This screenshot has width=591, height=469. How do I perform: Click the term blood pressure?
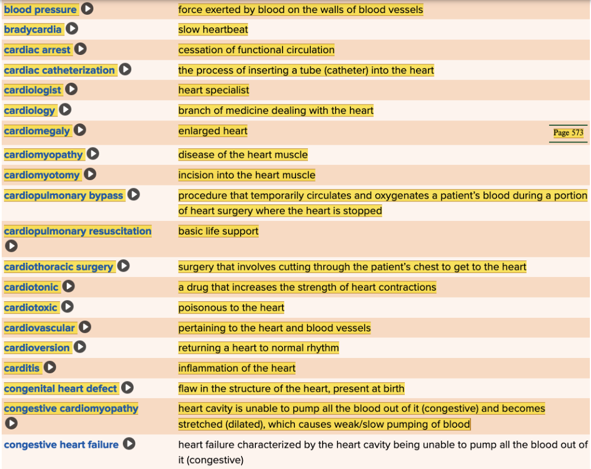point(40,9)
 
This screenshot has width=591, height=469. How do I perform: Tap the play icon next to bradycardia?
point(72,29)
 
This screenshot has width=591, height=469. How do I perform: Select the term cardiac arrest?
point(37,50)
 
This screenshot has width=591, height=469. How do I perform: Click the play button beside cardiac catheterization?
point(125,70)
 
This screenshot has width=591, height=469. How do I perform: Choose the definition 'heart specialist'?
point(213,90)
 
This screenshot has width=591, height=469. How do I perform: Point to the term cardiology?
point(30,110)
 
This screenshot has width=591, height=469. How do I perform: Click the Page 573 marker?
point(568,133)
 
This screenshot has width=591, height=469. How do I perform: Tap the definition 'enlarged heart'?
point(213,131)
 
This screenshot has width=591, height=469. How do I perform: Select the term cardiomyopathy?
point(43,155)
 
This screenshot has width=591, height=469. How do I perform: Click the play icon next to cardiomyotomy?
point(90,174)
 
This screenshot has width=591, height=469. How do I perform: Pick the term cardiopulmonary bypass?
point(63,196)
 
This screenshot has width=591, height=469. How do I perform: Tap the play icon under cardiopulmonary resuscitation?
point(11,246)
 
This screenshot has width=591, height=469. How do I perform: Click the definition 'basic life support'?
point(218,231)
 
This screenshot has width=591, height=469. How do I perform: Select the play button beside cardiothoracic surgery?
point(123,266)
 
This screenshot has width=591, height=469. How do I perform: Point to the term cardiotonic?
point(31,287)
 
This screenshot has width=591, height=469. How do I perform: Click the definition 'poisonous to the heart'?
point(231,307)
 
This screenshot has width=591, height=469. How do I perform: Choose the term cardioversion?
point(37,348)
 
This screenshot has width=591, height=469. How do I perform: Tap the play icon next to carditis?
point(50,367)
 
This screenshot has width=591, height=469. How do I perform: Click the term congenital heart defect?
point(60,389)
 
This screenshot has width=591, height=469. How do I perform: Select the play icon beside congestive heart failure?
point(129,444)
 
